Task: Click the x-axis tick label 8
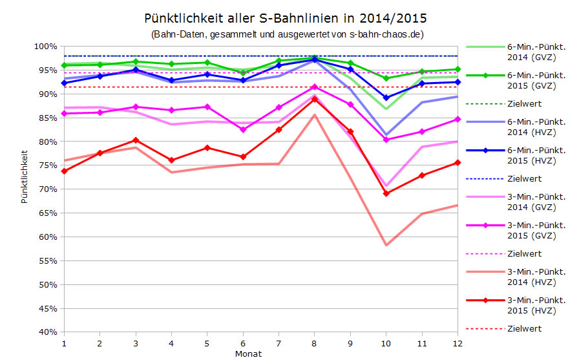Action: click(315, 342)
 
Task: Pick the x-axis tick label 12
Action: click(458, 342)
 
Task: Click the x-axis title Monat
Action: click(249, 354)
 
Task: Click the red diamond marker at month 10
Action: click(386, 193)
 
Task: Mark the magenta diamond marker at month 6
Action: click(243, 130)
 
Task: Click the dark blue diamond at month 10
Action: click(386, 98)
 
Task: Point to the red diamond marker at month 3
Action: click(136, 140)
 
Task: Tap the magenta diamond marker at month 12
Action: click(458, 119)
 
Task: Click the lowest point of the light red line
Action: click(386, 245)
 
